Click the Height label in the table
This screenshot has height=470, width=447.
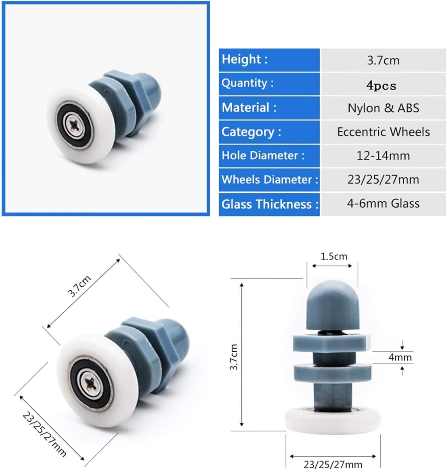tap(245, 59)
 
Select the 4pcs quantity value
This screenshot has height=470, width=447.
tap(381, 85)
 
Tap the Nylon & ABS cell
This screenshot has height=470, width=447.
tap(383, 108)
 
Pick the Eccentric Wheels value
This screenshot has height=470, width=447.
tap(383, 132)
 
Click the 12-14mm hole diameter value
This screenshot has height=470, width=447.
tap(383, 156)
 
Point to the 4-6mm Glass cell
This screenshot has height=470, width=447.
tap(383, 204)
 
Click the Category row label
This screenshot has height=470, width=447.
tap(251, 132)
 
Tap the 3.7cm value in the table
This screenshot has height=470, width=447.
tap(383, 60)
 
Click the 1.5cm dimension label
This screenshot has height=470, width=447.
tap(333, 256)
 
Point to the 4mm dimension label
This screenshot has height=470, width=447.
tap(400, 357)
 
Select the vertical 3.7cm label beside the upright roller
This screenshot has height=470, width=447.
tap(234, 357)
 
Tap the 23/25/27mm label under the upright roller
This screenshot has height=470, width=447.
tap(332, 464)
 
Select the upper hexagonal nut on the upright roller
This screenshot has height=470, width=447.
tap(332, 342)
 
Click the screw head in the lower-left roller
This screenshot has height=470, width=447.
tap(91, 383)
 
